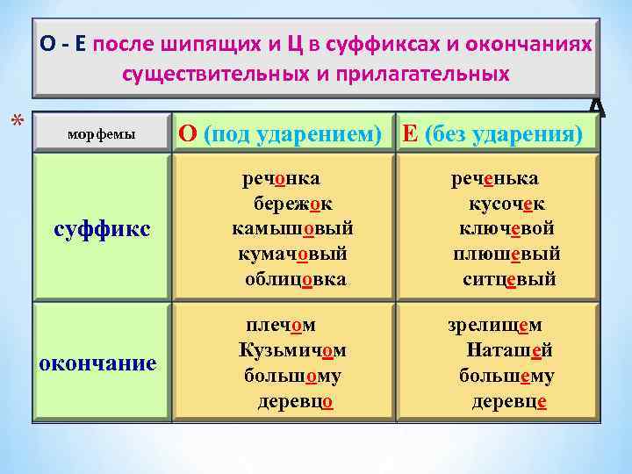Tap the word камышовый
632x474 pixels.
coord(292,229)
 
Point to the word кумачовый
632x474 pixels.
coord(292,255)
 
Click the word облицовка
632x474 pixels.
coord(295,279)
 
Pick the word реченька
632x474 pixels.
coord(506,179)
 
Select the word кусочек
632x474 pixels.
coord(508,204)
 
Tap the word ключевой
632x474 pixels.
coord(506,229)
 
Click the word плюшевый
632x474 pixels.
coord(506,255)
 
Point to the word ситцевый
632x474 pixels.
coord(509,279)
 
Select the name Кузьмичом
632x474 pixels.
coord(292,350)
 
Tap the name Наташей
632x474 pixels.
coord(509,350)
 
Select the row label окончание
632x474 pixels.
coord(98,363)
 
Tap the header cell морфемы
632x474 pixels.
coord(102,134)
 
